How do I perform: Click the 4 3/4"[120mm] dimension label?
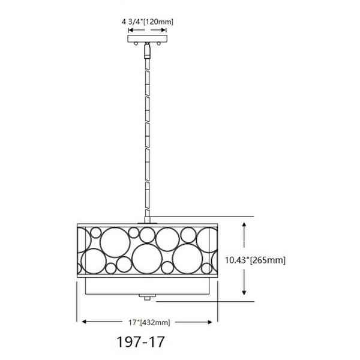point(147,22)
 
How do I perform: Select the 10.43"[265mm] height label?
point(255,260)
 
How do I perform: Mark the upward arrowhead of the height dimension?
point(244,224)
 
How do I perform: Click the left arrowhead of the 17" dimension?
point(83,322)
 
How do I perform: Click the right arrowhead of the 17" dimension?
point(214,322)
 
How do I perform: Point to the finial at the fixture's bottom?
point(146,296)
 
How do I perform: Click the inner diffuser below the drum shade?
point(146,286)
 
